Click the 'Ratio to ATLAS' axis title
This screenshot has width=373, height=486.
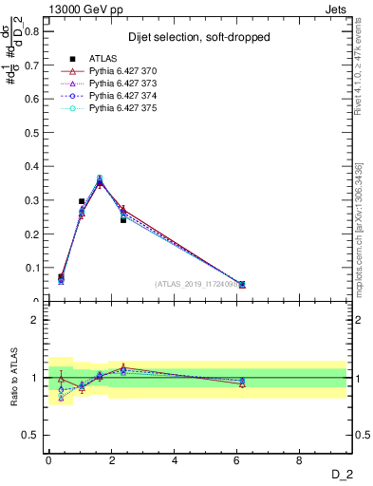(x=12, y=378)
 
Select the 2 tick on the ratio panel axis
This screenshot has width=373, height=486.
(x=37, y=320)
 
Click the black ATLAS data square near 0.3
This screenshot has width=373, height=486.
(x=82, y=201)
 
